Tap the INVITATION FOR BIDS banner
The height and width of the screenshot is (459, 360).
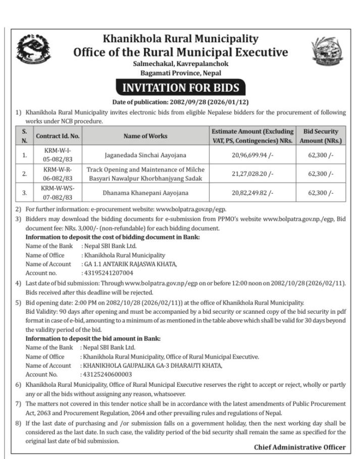coord(180,88)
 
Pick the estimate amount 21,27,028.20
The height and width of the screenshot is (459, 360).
coord(252,174)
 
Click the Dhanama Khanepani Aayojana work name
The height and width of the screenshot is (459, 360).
coord(145,193)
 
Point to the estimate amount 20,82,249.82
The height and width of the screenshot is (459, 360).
coord(252,193)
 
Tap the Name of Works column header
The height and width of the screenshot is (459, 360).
coord(145,136)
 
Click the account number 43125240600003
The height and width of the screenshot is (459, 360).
coord(107,374)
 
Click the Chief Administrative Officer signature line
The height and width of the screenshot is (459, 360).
coord(299,447)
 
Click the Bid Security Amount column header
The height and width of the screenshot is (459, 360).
coord(321,136)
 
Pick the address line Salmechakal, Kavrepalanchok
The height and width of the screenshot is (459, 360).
coord(180,64)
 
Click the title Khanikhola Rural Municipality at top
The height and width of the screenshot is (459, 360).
coord(180,38)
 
